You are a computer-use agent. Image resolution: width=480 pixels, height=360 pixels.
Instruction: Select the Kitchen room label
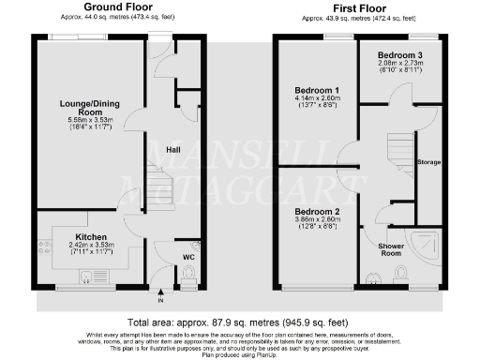pos(91,237)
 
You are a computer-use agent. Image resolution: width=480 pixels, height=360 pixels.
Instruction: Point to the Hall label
pos(173,149)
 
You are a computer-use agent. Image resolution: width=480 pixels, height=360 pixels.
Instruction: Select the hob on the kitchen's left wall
pos(44,247)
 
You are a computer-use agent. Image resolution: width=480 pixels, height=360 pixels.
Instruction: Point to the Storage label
pos(428,161)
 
